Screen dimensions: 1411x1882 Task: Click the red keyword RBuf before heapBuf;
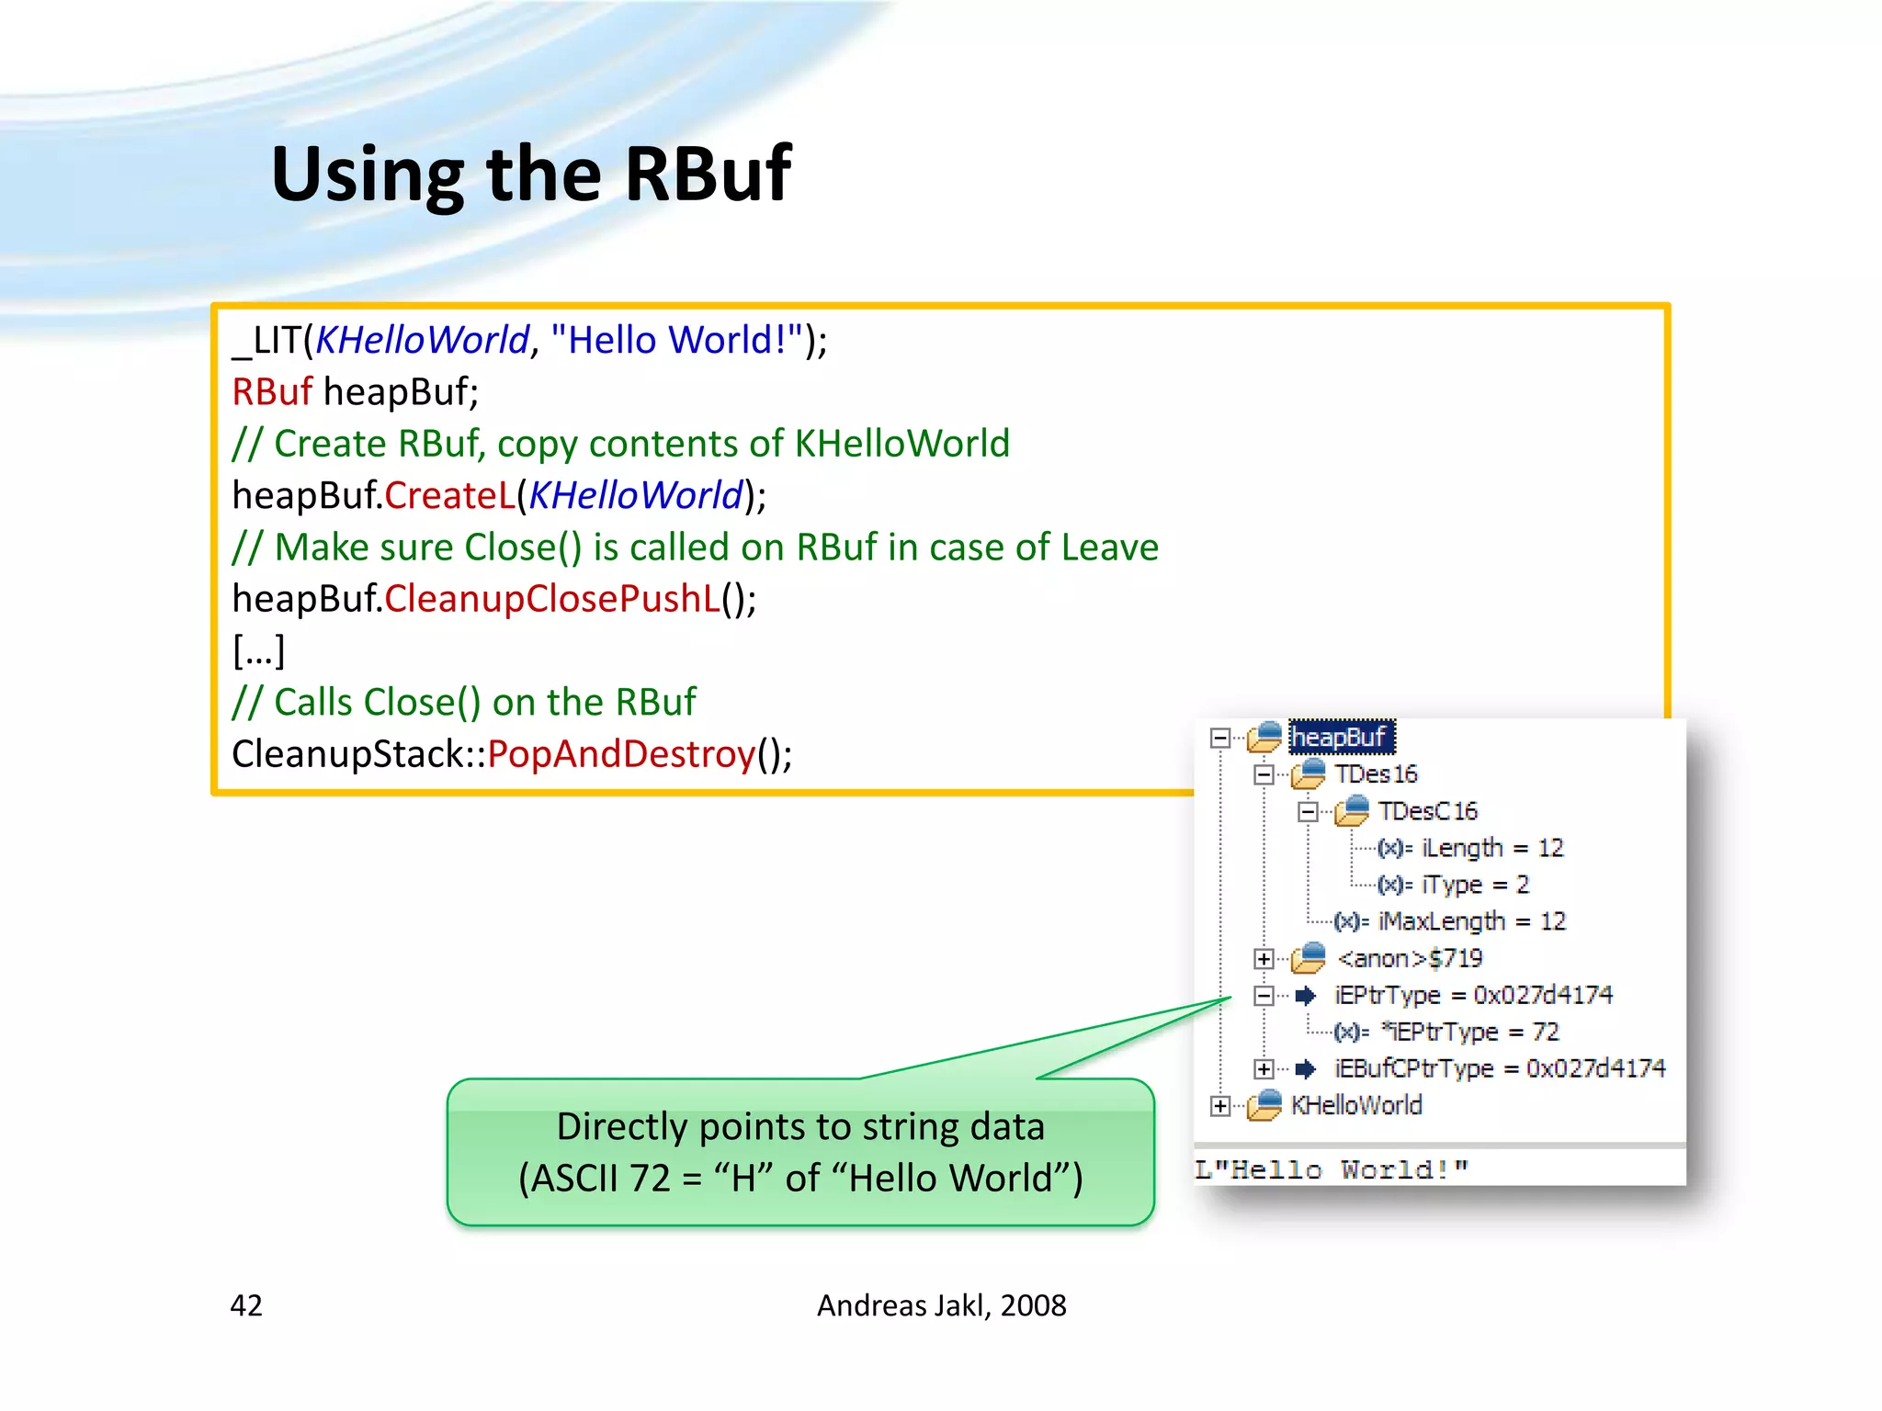272,392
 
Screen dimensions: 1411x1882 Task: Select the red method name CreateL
450,496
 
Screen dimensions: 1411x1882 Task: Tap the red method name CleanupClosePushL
552,599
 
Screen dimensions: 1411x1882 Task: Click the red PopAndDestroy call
621,754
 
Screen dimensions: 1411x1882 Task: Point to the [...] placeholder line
259,650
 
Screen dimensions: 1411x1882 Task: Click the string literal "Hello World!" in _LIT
676,340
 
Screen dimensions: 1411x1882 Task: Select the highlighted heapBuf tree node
1340,737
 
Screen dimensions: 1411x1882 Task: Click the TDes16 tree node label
1376,774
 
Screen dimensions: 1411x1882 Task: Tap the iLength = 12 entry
1491,848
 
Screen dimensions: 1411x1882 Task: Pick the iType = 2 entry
1474,885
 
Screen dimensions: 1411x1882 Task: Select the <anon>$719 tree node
1410,959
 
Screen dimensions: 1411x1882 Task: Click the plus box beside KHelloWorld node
1220,1106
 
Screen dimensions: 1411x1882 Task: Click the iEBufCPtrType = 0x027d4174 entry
1498,1068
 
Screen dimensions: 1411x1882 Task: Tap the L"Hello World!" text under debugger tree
1331,1169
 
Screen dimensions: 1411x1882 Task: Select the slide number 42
246,1305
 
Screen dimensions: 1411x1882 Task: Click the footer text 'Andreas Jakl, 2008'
941,1305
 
